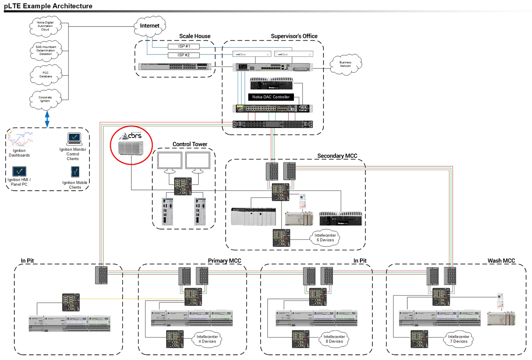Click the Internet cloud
pos(150,26)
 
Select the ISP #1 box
pos(184,47)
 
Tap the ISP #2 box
pos(184,55)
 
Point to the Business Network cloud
pos(345,64)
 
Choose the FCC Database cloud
pos(46,75)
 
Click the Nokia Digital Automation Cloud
pos(46,26)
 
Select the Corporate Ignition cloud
pos(46,99)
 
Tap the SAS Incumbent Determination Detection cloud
pos(46,50)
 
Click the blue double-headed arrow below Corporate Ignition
pos(47,118)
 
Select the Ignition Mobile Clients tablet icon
pos(75,172)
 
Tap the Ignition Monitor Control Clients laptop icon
pos(73,138)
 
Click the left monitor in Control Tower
pos(170,161)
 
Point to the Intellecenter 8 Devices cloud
pos(333,339)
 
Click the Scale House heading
pos(195,36)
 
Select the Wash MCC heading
pos(501,261)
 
